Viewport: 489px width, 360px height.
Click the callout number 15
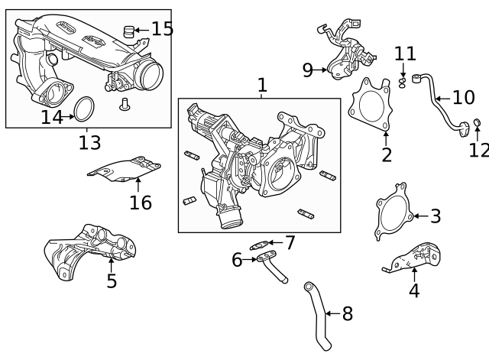point(162,29)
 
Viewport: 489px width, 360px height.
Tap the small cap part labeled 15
point(128,31)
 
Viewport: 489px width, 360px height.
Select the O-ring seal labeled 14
point(84,109)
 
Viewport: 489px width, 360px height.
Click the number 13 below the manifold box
point(90,143)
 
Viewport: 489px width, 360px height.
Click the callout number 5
point(112,281)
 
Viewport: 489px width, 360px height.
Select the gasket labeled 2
point(370,105)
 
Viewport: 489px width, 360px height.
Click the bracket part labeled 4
point(412,258)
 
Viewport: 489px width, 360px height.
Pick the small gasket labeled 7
point(259,245)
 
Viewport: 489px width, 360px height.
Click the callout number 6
point(237,260)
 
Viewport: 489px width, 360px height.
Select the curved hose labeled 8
point(318,316)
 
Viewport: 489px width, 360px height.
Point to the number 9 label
point(307,70)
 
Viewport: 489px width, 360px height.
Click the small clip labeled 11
point(403,83)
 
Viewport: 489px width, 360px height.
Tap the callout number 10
point(464,98)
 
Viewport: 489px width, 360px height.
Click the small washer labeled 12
point(477,122)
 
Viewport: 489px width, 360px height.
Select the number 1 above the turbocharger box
point(262,85)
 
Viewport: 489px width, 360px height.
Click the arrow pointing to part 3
point(421,216)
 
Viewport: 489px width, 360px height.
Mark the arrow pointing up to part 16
point(138,184)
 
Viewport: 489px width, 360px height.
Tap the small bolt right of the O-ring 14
point(125,104)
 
